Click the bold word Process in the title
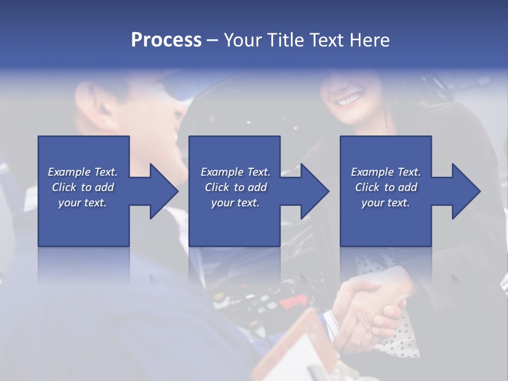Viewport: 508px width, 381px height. [166, 40]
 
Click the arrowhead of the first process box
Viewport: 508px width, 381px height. [164, 191]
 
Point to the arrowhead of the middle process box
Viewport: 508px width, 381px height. [315, 191]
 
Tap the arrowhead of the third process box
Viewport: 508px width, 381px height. [467, 191]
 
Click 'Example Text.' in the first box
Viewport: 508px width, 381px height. [83, 172]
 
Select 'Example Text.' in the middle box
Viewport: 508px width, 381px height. [235, 172]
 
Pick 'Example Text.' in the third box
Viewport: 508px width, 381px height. [386, 172]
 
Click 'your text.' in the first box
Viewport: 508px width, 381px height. [83, 203]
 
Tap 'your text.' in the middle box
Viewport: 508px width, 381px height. [235, 203]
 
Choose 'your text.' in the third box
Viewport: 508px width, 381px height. [386, 203]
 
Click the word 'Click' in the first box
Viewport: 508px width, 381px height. [64, 187]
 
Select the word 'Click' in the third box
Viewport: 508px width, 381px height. [367, 187]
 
